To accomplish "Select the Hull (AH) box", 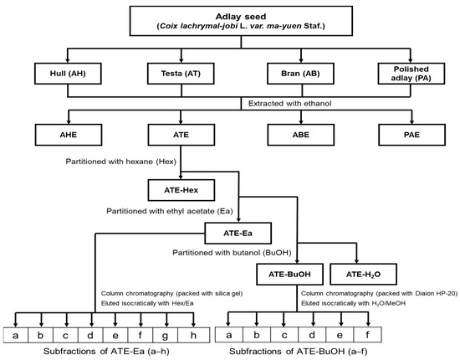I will click(69, 75).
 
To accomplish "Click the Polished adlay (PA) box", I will click(411, 75).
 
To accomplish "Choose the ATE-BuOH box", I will click(288, 273).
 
